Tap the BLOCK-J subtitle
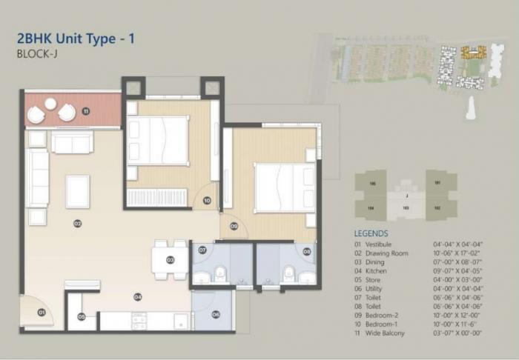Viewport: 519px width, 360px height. click(36, 54)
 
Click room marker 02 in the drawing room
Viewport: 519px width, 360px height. click(77, 223)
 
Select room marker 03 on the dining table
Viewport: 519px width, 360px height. click(170, 260)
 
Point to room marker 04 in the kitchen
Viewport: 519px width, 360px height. click(137, 296)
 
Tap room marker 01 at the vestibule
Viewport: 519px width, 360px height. click(42, 313)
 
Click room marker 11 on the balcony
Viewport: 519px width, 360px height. click(86, 112)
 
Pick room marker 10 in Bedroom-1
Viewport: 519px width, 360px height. click(207, 200)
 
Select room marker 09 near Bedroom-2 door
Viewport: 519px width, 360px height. click(234, 227)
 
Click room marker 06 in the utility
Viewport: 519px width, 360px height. click(216, 314)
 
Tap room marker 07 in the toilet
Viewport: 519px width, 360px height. click(202, 250)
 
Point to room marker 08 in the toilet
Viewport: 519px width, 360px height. click(307, 250)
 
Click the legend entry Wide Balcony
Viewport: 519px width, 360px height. click(387, 334)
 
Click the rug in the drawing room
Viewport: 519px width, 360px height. click(78, 191)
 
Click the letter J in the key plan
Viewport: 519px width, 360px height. click(406, 196)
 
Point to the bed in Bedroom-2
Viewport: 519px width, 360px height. click(285, 187)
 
